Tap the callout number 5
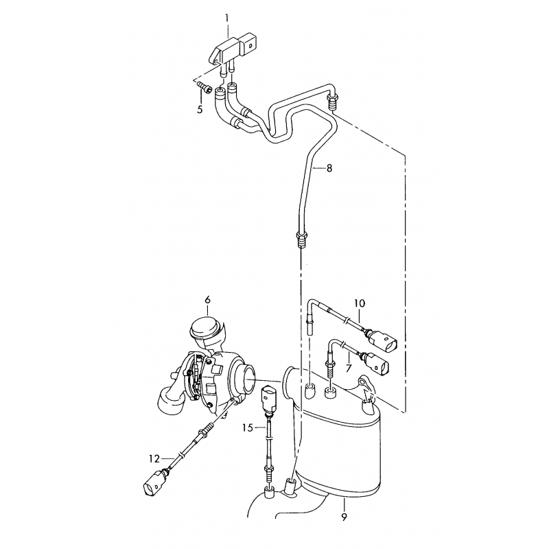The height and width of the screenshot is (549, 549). [x=200, y=110]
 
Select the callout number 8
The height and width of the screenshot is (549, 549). [x=329, y=168]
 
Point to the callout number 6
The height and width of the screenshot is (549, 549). [x=208, y=300]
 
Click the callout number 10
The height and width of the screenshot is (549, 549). [x=360, y=303]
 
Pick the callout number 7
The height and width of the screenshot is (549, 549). [x=348, y=368]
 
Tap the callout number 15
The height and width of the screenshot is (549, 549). [x=248, y=428]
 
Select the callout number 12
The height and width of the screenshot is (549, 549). [x=154, y=458]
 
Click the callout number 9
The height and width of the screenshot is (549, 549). [x=344, y=517]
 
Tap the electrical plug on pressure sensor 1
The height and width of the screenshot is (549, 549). [x=250, y=44]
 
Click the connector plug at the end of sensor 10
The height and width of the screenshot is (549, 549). [x=383, y=340]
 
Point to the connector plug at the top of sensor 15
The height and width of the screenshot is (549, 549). [x=269, y=399]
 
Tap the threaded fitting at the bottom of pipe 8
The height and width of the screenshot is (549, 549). [x=302, y=238]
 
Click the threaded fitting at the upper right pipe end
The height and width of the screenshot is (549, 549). [x=333, y=101]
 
